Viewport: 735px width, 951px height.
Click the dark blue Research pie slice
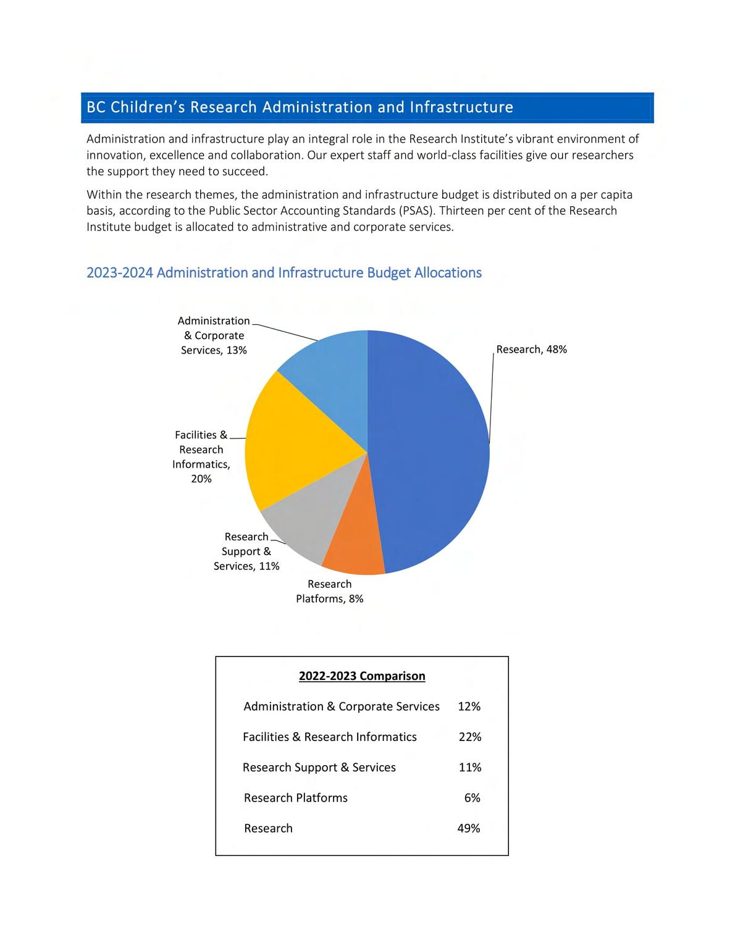click(432, 451)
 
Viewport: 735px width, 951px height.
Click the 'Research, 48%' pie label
click(531, 350)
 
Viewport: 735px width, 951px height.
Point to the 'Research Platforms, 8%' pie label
click(329, 592)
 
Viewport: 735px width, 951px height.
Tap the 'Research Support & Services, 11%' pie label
click(246, 551)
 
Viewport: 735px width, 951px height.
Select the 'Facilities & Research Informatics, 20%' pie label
click(201, 457)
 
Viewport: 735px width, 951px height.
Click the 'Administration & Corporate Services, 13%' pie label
click(214, 335)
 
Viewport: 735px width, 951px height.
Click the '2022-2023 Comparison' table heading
click(362, 676)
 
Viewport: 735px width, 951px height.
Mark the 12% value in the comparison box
click(469, 706)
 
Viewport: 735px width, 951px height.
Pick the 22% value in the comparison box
click(469, 737)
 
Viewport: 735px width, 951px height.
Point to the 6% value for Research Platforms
click(472, 798)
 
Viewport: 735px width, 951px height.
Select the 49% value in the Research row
click(468, 828)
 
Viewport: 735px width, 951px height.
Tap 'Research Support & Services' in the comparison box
click(319, 768)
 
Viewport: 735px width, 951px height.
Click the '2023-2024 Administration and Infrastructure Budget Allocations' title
click(283, 273)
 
